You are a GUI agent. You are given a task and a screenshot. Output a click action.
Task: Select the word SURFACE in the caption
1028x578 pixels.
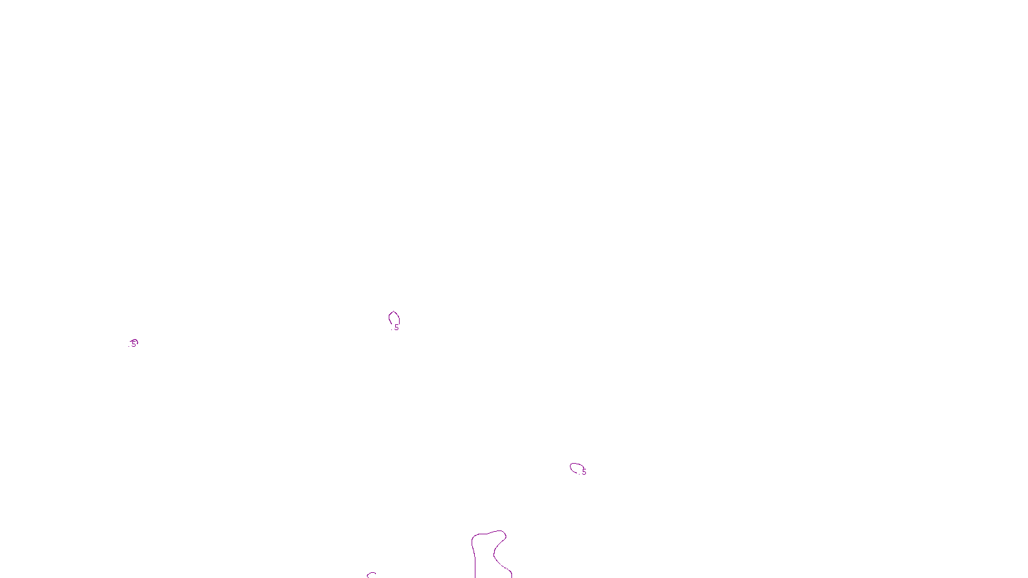(514, 567)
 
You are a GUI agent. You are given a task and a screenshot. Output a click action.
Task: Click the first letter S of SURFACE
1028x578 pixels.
(501, 567)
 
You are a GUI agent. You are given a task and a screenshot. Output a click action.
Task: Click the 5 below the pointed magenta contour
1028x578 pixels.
(397, 328)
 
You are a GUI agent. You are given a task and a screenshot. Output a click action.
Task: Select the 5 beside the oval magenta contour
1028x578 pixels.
(585, 472)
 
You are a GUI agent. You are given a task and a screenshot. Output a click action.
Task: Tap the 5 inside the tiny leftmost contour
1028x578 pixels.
(134, 344)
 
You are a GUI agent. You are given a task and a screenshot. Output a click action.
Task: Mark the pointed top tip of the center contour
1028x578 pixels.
(394, 311)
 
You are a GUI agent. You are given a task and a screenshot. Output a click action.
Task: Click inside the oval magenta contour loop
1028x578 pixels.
(576, 468)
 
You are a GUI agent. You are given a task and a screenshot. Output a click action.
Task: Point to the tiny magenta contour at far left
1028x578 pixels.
(134, 343)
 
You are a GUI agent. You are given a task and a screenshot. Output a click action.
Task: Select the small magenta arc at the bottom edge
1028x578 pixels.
(371, 574)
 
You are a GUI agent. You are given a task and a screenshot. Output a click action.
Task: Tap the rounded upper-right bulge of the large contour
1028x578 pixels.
(502, 534)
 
